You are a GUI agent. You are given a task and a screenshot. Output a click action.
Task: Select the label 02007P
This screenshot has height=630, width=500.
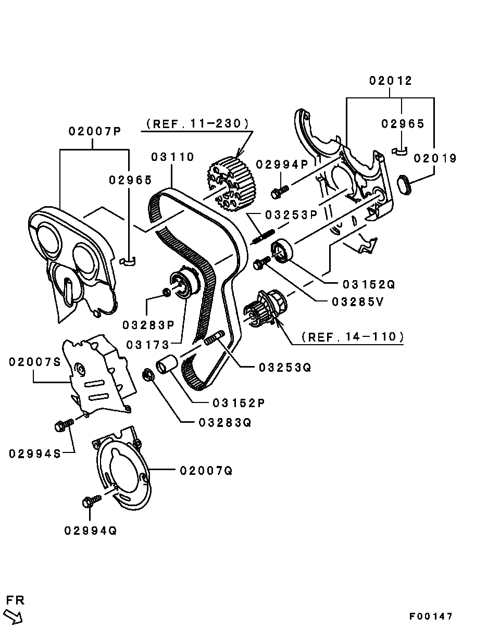point(95,132)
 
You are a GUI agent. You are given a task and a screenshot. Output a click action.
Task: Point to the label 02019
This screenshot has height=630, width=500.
point(435,158)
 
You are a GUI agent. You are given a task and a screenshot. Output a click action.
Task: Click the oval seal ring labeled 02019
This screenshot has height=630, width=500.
point(404,185)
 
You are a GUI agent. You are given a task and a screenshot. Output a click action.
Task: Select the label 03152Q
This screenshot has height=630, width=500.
point(369,285)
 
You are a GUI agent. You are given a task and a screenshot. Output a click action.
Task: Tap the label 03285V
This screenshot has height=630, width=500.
point(357,301)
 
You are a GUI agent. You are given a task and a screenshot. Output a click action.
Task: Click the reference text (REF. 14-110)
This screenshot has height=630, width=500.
point(353,337)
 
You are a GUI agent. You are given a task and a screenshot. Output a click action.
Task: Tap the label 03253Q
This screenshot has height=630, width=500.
point(284,368)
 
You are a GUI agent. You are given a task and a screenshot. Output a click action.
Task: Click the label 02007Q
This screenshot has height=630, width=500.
point(206,471)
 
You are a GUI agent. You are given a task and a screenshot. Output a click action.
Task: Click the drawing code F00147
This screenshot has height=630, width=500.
point(431,616)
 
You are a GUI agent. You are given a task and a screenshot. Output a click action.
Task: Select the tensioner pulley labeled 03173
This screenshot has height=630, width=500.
point(184,284)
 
